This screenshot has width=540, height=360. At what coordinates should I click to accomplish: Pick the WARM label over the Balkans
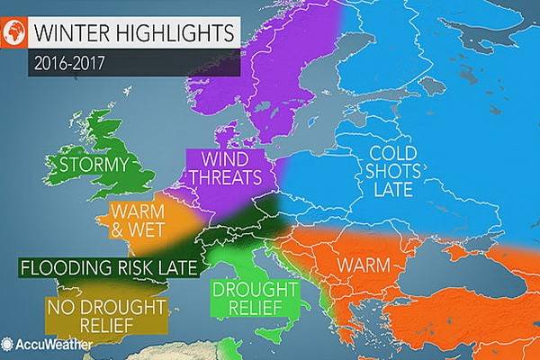364,266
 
